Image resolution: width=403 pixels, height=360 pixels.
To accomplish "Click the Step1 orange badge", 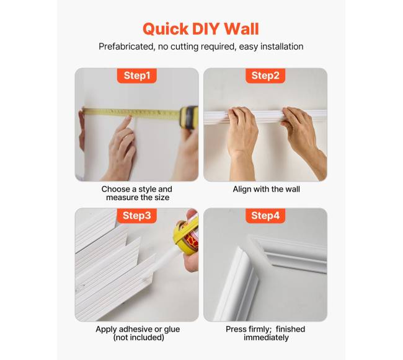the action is (x=137, y=76).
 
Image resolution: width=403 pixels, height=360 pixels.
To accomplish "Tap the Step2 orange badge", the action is (x=265, y=76).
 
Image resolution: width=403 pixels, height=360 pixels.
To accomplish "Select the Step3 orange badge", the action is (x=137, y=216).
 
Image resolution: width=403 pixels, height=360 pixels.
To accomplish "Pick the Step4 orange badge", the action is (x=265, y=216).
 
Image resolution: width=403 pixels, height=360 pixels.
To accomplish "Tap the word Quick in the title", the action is (x=166, y=29).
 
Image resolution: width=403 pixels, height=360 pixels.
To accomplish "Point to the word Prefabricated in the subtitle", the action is (x=126, y=46).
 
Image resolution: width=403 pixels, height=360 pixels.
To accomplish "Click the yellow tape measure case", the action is (x=189, y=117).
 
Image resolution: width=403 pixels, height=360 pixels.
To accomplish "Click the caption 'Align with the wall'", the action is (x=266, y=189).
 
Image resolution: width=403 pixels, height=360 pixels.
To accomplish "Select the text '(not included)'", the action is (x=138, y=338).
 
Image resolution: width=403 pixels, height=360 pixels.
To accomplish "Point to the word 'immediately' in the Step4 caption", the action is (x=266, y=338).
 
